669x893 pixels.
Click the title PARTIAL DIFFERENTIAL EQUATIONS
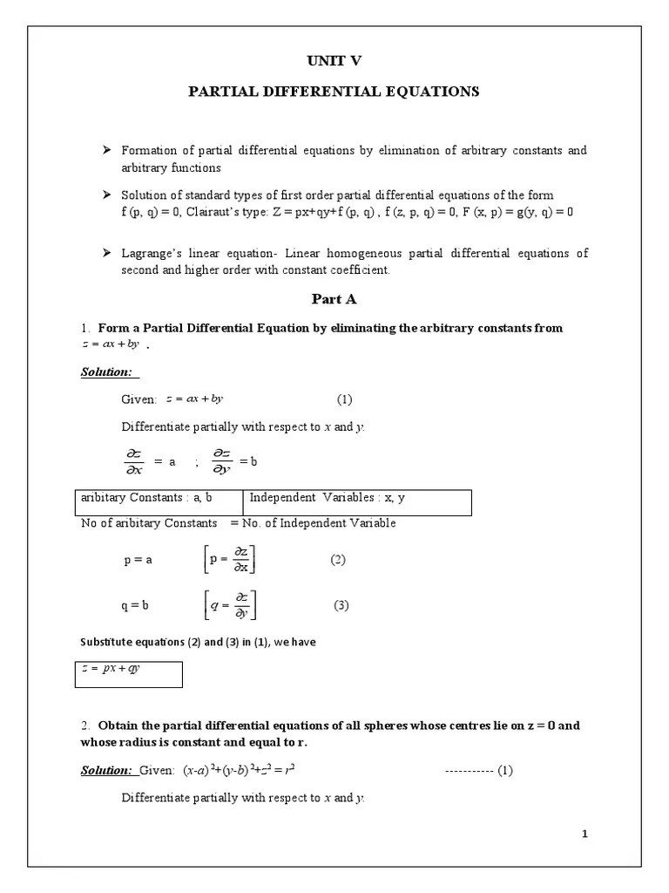[334, 92]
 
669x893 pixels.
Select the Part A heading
[334, 299]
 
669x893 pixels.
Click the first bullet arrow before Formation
[108, 151]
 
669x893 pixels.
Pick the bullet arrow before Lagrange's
[108, 253]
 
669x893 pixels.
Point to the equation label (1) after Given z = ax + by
[345, 399]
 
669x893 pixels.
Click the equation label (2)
[338, 560]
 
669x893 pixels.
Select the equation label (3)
[341, 605]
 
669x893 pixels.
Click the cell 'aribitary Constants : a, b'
[146, 498]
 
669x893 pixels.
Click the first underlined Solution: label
[106, 372]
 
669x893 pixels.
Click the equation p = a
[139, 561]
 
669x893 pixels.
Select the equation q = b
[136, 605]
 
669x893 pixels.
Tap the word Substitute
[103, 643]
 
